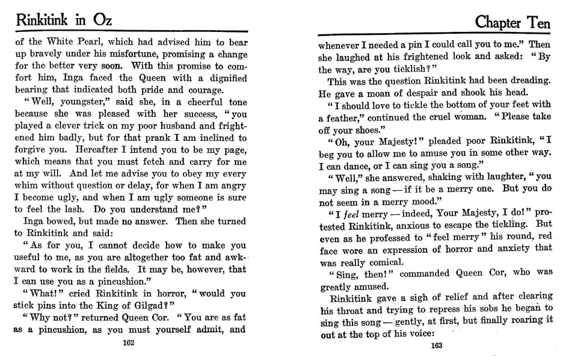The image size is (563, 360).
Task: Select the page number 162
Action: pyautogui.click(x=128, y=343)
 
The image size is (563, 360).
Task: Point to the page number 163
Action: pyautogui.click(x=437, y=346)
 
